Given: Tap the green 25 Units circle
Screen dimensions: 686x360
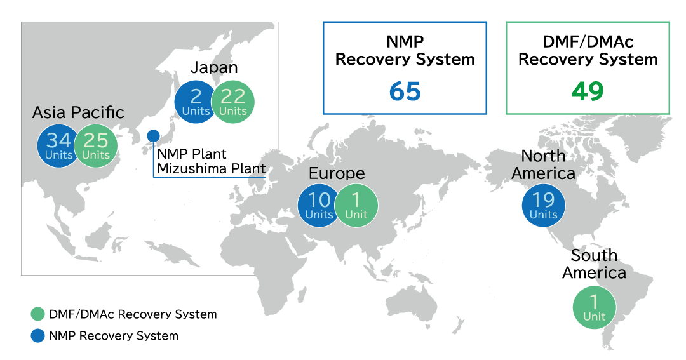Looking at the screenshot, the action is (x=96, y=145).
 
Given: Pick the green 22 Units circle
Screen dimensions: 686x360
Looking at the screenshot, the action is (x=232, y=102).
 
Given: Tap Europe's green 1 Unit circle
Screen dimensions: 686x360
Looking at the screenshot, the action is (x=356, y=206).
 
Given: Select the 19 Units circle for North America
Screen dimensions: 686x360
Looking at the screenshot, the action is (x=543, y=206).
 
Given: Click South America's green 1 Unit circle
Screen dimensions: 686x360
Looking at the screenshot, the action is (x=594, y=307).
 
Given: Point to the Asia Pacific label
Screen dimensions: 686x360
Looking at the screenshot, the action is (x=78, y=113).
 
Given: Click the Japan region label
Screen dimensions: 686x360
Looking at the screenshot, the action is (x=215, y=68).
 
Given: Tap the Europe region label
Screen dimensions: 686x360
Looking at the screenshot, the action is (x=337, y=174).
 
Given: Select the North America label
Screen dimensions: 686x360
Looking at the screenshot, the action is (x=543, y=165).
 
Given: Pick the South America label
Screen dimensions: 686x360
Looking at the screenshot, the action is (x=594, y=264).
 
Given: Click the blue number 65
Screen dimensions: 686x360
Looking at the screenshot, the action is (x=405, y=91).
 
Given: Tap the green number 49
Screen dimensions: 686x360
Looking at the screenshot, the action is (x=588, y=91).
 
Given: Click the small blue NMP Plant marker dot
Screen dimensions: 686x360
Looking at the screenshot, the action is (x=153, y=136).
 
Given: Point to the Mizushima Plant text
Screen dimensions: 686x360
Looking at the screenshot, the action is (x=212, y=168).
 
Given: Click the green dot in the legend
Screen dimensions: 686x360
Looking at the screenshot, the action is (x=38, y=314).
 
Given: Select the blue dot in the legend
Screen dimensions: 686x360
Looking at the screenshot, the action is (x=38, y=335).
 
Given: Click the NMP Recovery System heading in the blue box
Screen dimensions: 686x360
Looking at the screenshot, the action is (x=405, y=50).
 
